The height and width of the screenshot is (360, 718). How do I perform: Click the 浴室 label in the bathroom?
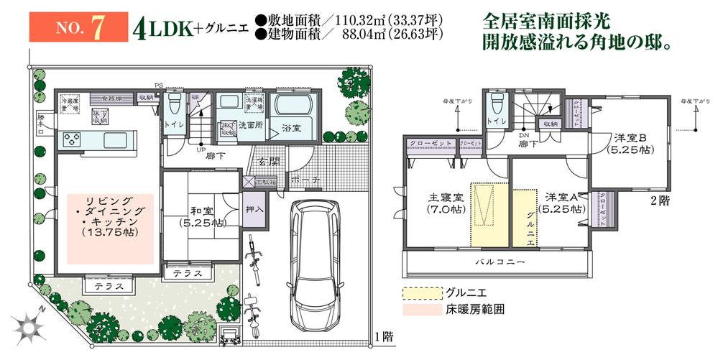pyautogui.click(x=290, y=129)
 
